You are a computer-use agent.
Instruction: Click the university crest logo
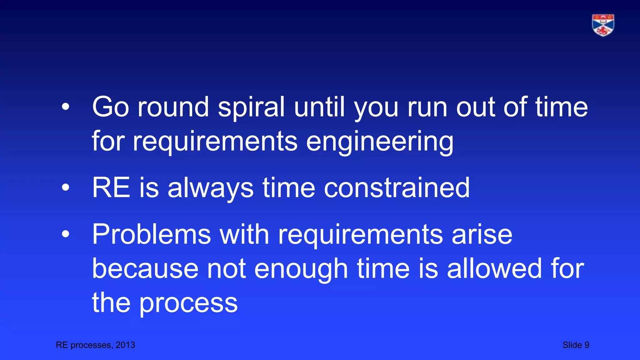pos(603,25)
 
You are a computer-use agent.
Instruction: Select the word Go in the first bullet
pos(110,107)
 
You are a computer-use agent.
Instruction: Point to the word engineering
pos(379,141)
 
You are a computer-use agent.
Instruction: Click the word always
pos(210,188)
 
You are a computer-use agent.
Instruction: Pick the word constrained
pos(397,188)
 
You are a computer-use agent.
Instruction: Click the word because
pos(145,268)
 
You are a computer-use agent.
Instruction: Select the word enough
pos(301,268)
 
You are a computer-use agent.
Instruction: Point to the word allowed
pos(494,268)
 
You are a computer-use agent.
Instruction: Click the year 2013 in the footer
pos(125,345)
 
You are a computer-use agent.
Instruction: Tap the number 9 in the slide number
pos(587,345)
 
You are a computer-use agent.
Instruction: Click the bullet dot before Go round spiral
pos(65,107)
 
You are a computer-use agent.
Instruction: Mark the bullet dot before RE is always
pos(65,188)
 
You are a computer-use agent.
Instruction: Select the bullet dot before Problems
pos(65,234)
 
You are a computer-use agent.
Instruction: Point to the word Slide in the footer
pos(572,345)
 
